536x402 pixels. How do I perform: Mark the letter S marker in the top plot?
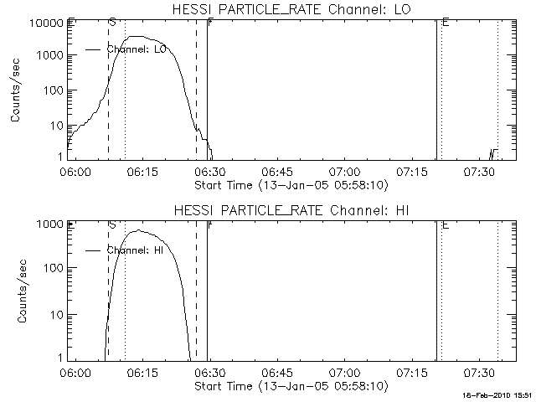[112, 23]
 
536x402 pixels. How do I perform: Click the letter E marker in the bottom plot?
[445, 224]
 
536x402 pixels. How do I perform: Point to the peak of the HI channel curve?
[143, 231]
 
